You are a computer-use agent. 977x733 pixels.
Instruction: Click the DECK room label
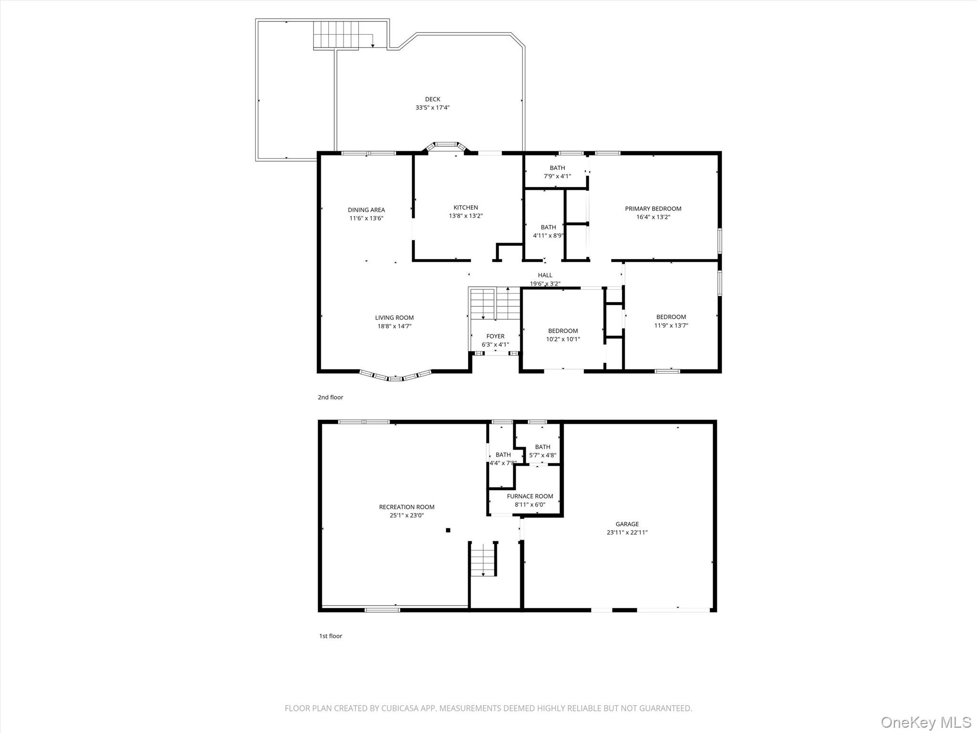pyautogui.click(x=432, y=99)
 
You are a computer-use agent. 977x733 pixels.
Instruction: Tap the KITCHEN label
pyautogui.click(x=466, y=207)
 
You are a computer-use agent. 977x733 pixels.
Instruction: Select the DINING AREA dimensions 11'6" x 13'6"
pyautogui.click(x=366, y=219)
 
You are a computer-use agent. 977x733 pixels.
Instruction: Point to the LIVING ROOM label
pyautogui.click(x=394, y=317)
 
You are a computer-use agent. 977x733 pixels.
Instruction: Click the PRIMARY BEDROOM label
pyautogui.click(x=653, y=209)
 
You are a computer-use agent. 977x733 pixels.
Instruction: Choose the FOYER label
pyautogui.click(x=495, y=336)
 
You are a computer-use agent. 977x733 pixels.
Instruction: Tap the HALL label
pyautogui.click(x=545, y=275)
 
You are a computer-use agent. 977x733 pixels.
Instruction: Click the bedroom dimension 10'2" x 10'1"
pyautogui.click(x=563, y=339)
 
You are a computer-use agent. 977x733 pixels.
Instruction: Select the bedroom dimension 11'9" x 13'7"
pyautogui.click(x=671, y=325)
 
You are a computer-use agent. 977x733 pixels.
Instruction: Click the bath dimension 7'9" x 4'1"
pyautogui.click(x=557, y=176)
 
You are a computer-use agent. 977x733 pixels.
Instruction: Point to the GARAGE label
pyautogui.click(x=627, y=524)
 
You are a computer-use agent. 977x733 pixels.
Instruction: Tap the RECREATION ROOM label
pyautogui.click(x=406, y=507)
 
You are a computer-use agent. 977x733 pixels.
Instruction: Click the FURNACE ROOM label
pyautogui.click(x=530, y=496)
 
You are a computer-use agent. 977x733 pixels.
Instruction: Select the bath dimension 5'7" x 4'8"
pyautogui.click(x=542, y=455)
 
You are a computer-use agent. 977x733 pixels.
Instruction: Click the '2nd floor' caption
pyautogui.click(x=331, y=397)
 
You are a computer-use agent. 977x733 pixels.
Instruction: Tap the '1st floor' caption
pyautogui.click(x=331, y=636)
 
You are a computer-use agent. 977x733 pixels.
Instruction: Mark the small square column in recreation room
pyautogui.click(x=448, y=530)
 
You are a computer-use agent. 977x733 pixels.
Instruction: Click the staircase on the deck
pyautogui.click(x=335, y=35)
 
